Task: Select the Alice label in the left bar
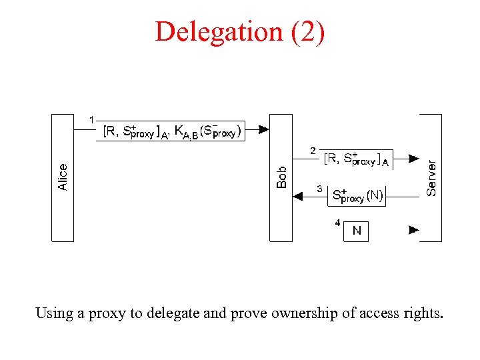(63, 177)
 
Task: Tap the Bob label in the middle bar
(281, 177)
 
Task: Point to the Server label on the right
(432, 177)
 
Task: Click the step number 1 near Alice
(91, 120)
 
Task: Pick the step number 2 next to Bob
(313, 151)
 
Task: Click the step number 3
(319, 189)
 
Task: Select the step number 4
(337, 222)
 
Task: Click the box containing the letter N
(356, 231)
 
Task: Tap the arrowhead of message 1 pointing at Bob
(263, 129)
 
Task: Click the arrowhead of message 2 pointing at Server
(414, 159)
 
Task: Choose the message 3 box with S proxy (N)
(357, 196)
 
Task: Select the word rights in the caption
(422, 313)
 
